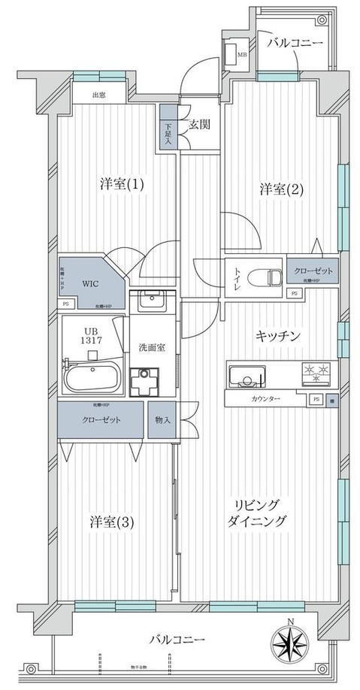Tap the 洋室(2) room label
pyautogui.click(x=282, y=189)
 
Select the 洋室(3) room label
pyautogui.click(x=112, y=522)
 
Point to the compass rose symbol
pyautogui.click(x=292, y=644)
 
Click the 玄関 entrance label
pyautogui.click(x=198, y=125)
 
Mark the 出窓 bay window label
pyautogui.click(x=98, y=95)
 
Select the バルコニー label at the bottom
pyautogui.click(x=176, y=640)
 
